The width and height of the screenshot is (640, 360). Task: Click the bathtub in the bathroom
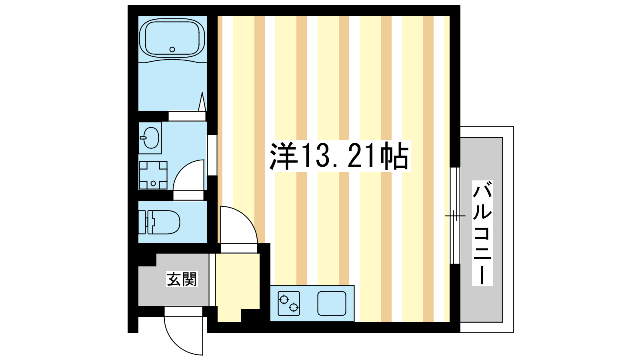pyautogui.click(x=172, y=38)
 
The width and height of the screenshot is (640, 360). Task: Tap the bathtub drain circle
pyautogui.click(x=172, y=50)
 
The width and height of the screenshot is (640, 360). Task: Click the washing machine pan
pyautogui.click(x=153, y=175)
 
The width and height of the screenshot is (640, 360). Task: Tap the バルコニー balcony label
pyautogui.click(x=482, y=233)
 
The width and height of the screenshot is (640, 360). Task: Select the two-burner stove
pyautogui.click(x=289, y=303)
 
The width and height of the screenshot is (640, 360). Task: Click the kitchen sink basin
pyautogui.click(x=332, y=303)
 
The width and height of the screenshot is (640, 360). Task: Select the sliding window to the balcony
pyautogui.click(x=455, y=216)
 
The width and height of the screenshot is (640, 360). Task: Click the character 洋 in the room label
pyautogui.click(x=283, y=156)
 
